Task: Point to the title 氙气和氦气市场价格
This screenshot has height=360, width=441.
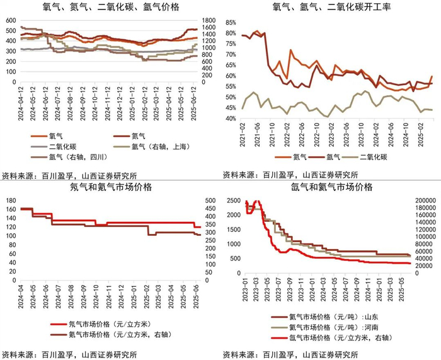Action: (331, 187)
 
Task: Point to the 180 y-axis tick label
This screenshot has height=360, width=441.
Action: (11, 200)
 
